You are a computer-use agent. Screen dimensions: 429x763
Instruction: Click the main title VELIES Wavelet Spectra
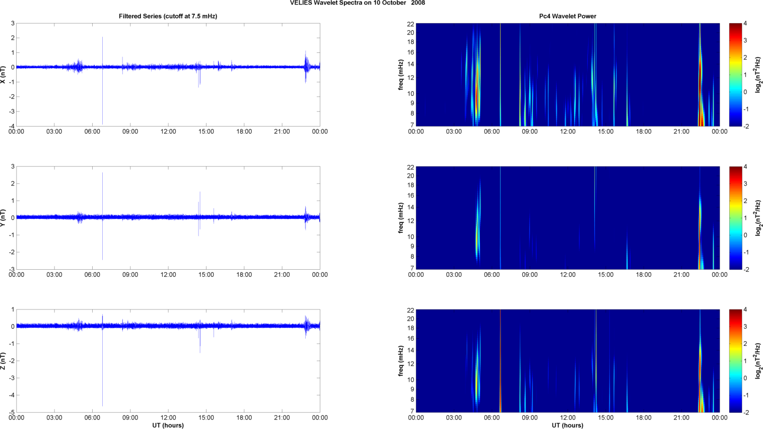357,3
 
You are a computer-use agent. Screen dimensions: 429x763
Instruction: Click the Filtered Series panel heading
168,16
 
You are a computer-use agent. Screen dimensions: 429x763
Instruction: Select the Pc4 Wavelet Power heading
567,16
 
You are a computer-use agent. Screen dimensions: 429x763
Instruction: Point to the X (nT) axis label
4,75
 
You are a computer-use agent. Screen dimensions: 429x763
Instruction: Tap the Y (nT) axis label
4,218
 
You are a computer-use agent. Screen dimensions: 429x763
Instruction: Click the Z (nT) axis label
4,361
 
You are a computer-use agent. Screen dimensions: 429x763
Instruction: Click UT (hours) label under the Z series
168,425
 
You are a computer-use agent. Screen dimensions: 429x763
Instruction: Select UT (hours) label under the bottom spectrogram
567,425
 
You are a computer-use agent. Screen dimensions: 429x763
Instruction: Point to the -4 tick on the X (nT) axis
12,126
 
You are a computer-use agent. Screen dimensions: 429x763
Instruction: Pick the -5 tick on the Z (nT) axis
12,412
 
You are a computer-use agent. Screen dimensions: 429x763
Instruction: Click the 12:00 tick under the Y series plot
168,275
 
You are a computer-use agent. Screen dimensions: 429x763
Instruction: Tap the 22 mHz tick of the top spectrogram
410,24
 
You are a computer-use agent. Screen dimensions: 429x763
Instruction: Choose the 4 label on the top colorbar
745,24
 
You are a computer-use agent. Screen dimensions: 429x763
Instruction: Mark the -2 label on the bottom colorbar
746,412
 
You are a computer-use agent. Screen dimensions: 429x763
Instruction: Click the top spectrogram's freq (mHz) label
401,75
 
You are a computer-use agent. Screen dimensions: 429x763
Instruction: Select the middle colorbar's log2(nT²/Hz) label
758,218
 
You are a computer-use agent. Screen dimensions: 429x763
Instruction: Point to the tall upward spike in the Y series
102,181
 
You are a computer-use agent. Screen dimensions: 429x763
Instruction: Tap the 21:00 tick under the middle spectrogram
681,275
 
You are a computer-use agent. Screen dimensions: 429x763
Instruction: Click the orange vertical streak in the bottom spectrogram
500,383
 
